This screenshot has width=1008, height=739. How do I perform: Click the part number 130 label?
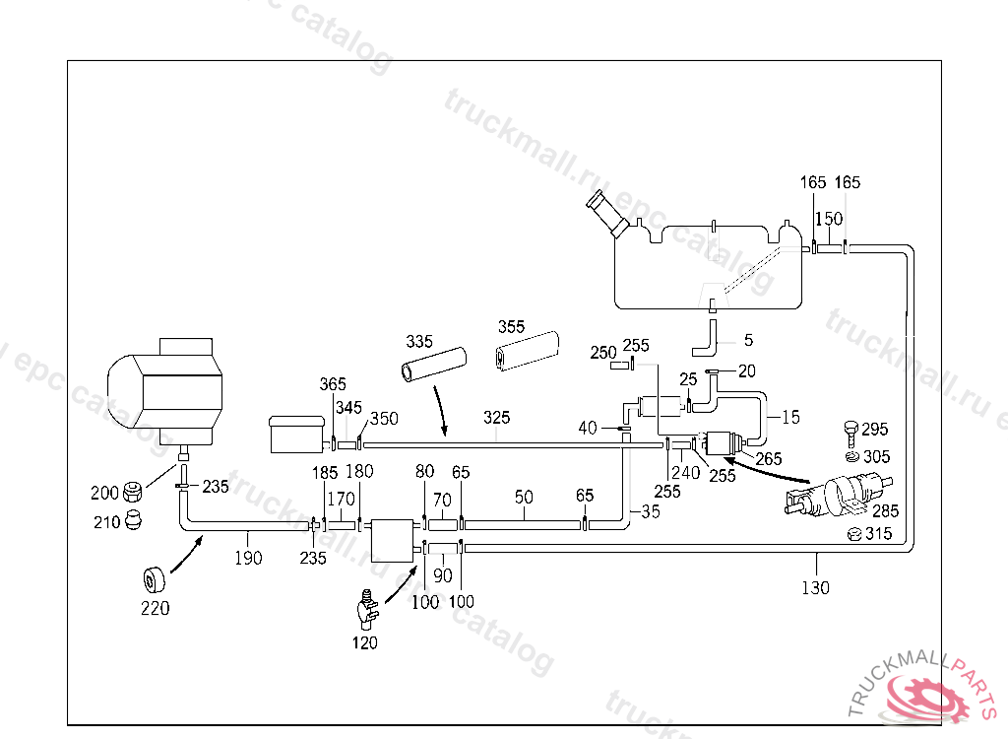tap(815, 587)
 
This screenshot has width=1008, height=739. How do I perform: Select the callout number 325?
tap(496, 418)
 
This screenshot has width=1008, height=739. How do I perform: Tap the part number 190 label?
tap(248, 558)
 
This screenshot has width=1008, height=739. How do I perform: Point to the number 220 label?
tap(155, 608)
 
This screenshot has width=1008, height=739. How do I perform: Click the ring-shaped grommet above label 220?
tap(154, 580)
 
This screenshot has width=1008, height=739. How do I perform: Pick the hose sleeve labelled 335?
tap(434, 365)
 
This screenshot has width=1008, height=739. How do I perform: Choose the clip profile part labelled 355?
tap(528, 351)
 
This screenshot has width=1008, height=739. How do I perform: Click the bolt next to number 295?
tap(850, 434)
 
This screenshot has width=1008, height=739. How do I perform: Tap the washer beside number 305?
tap(852, 457)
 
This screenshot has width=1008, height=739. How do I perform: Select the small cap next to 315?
tap(854, 534)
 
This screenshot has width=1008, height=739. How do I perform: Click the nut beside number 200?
tap(133, 493)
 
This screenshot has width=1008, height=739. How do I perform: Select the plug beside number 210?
tap(133, 519)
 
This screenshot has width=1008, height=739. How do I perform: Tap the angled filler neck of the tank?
tap(607, 214)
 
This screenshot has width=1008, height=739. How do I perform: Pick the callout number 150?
tap(829, 219)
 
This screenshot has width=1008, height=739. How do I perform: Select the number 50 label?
tap(524, 497)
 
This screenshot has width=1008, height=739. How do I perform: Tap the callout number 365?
tap(333, 384)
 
